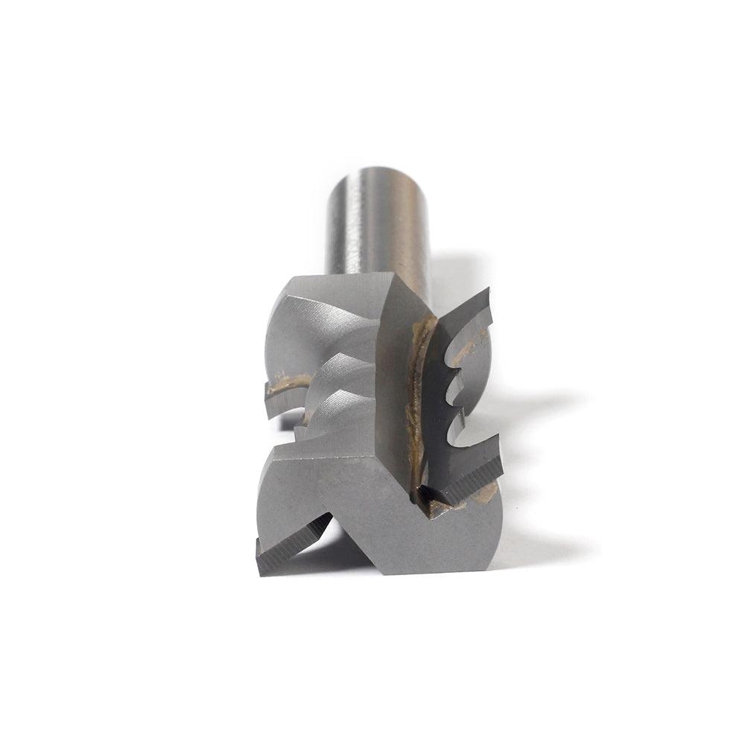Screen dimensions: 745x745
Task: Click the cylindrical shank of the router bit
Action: [376, 223]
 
